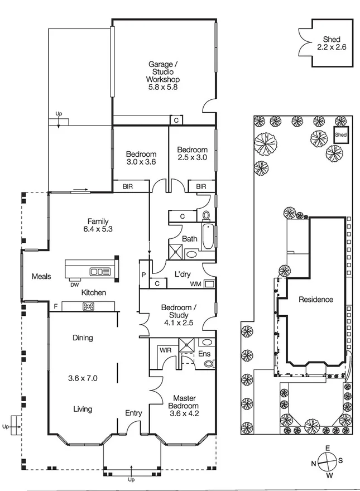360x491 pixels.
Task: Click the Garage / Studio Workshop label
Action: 162,76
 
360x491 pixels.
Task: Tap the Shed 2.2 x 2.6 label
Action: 332,44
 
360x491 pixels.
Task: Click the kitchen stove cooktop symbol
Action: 88,306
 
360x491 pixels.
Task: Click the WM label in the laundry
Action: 195,284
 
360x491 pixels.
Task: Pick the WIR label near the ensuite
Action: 165,350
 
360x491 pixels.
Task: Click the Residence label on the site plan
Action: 315,300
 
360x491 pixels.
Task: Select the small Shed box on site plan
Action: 340,135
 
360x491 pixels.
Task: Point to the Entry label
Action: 133,413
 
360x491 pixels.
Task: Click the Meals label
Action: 41,276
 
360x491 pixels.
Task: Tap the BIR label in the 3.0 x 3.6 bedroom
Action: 128,186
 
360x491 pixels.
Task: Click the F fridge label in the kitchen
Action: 56,306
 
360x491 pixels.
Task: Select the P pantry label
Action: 143,275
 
